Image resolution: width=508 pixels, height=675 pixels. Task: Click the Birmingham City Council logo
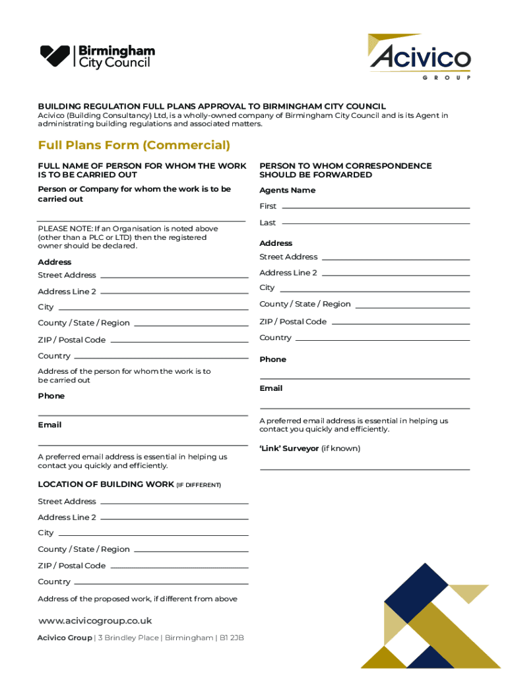tap(98, 56)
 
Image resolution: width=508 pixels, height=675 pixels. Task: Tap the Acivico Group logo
tap(420, 57)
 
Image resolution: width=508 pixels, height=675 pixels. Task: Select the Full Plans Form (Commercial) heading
tap(134, 145)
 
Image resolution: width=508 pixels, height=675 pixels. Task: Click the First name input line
tap(375, 207)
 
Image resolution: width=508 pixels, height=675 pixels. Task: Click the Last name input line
tap(375, 223)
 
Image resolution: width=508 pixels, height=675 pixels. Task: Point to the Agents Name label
tap(287, 191)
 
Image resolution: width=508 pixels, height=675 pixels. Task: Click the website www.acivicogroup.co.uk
tap(95, 621)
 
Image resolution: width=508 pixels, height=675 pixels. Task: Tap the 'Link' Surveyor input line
tap(365, 468)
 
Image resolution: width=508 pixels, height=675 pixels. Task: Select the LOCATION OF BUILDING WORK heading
tap(106, 484)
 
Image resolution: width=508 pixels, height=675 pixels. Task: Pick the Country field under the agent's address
tap(383, 339)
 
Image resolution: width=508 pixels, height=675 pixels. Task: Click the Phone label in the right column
tap(272, 359)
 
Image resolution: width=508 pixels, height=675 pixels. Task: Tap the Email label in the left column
tap(49, 425)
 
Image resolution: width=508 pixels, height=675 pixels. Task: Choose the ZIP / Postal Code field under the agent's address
tap(400, 323)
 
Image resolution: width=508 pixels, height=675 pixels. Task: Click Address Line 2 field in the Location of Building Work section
tap(174, 519)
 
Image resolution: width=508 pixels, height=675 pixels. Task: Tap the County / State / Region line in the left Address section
tap(191, 324)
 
